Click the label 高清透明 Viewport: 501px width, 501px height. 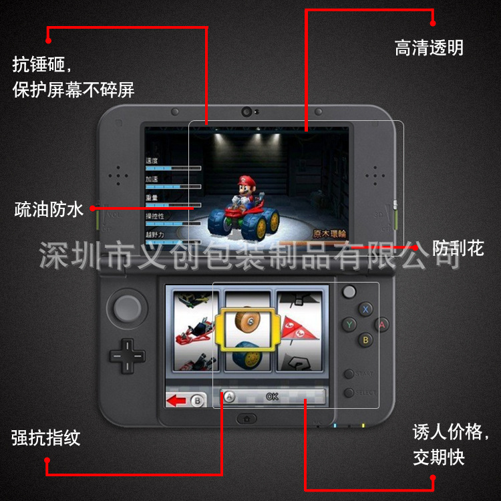point(428,48)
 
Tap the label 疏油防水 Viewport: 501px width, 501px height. point(49,209)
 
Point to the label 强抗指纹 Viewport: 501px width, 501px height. point(46,438)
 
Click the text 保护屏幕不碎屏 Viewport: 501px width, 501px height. point(73,90)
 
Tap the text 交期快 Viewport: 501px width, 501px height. point(438,458)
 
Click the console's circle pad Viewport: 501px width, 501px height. point(125,308)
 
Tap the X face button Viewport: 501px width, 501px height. point(365,309)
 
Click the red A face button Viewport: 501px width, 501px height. point(382,325)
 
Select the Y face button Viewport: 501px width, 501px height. point(349,325)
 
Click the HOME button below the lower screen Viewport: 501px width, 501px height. point(246,418)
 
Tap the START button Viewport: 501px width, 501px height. point(349,374)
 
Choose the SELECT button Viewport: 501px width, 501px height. point(349,392)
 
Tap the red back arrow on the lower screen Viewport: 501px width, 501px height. point(178,401)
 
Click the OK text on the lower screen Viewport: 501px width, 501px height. point(272,396)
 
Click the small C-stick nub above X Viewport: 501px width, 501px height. point(349,292)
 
